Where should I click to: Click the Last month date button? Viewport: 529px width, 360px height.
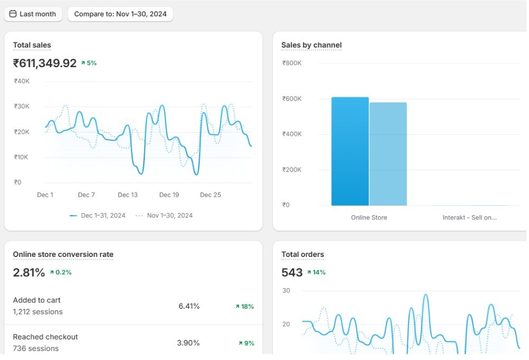click(33, 14)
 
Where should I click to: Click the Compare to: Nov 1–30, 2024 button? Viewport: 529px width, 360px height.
click(120, 14)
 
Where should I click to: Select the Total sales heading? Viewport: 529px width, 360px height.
click(32, 45)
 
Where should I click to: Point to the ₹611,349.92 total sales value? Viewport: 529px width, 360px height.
click(45, 63)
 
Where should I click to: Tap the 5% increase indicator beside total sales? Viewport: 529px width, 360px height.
click(89, 63)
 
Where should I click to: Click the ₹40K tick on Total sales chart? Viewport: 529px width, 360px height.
click(22, 81)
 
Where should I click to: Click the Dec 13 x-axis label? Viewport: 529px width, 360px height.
click(127, 195)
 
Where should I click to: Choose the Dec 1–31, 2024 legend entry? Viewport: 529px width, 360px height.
click(97, 216)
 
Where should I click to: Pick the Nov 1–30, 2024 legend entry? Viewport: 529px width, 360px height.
click(164, 216)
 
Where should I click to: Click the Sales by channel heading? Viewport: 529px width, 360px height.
click(311, 45)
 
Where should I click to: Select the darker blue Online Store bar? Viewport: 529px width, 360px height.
click(350, 152)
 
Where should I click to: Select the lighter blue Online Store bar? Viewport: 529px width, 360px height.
click(388, 154)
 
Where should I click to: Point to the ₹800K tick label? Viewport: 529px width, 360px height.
click(292, 63)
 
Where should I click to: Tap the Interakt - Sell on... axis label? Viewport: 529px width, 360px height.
click(469, 218)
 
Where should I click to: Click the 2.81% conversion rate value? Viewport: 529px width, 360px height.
click(29, 273)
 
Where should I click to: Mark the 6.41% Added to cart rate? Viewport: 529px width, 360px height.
click(189, 307)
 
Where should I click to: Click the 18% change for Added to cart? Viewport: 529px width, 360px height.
click(245, 307)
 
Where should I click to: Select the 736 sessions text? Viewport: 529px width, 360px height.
click(36, 348)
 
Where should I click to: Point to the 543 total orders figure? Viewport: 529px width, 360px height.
click(292, 273)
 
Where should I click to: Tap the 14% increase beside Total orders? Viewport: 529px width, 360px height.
click(316, 273)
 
